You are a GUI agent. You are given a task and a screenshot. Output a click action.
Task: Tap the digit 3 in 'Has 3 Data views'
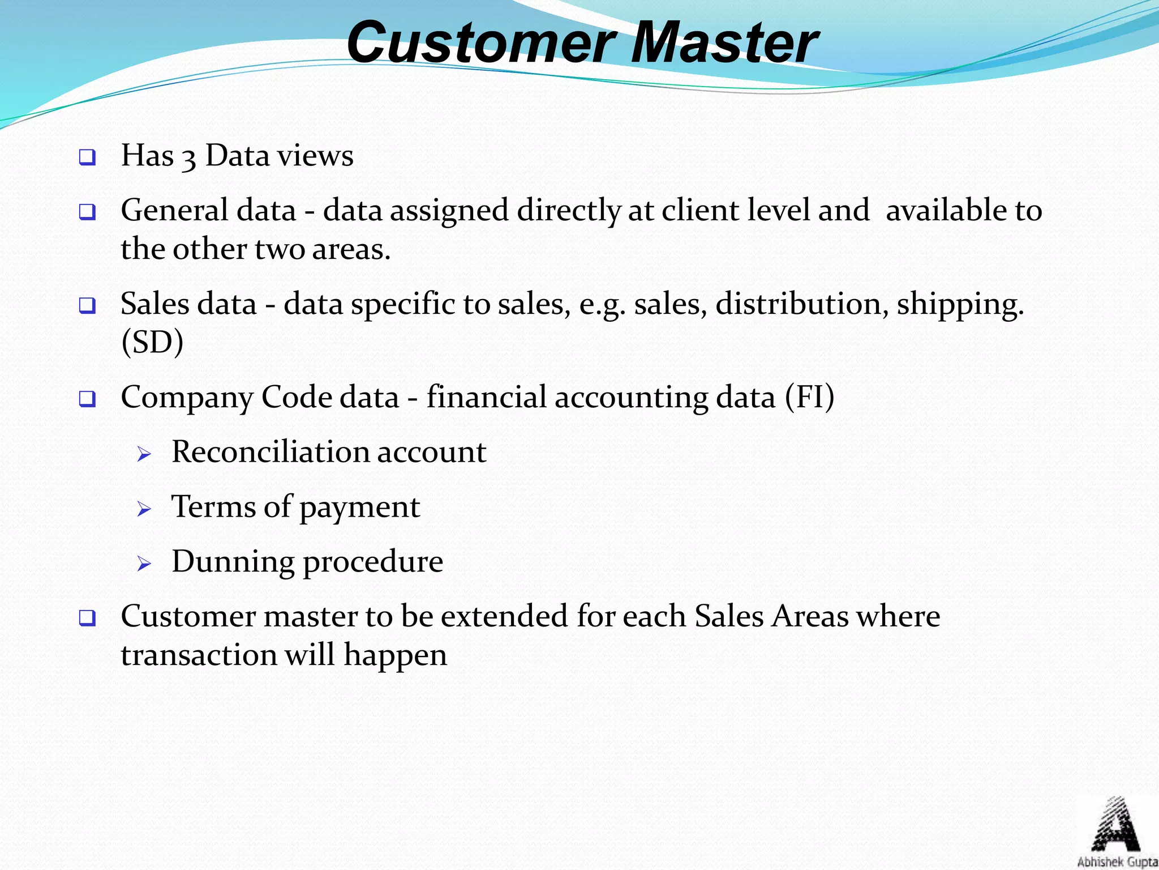coord(189,157)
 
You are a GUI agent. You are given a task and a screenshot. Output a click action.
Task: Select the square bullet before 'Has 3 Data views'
coord(87,157)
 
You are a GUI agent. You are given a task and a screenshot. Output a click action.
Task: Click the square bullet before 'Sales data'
coord(87,306)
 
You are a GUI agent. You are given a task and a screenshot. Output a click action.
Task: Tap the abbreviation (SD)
coord(152,343)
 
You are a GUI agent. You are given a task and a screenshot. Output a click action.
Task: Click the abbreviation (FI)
coord(809,397)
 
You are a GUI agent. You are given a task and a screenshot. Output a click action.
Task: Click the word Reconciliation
coord(270,452)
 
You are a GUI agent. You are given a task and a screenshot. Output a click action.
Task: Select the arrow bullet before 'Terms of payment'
coord(144,509)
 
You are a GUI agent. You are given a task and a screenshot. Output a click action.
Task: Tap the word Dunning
coord(233,562)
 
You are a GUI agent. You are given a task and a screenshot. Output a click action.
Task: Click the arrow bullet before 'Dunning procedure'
coord(144,564)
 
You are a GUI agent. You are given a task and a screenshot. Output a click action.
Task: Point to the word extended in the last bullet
coord(504,616)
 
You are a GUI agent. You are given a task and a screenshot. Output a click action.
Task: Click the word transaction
coord(199,655)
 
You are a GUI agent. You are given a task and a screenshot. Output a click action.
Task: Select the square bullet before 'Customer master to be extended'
coord(87,618)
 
